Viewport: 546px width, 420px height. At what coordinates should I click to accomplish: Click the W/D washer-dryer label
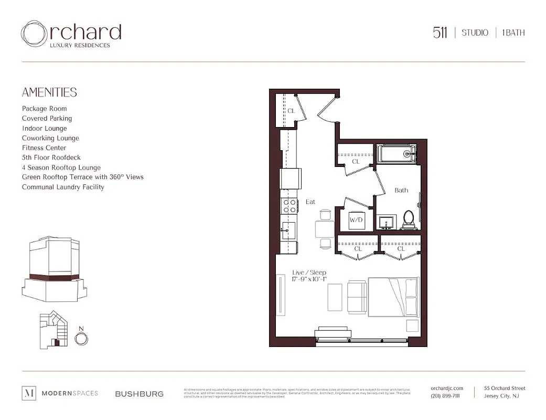click(x=357, y=220)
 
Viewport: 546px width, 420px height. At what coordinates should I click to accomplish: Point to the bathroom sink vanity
click(x=388, y=222)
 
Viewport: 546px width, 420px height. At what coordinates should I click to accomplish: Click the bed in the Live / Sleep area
click(x=393, y=297)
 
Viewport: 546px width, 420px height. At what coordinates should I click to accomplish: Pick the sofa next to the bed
click(x=357, y=297)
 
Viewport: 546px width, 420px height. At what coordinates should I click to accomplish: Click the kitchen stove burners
click(x=290, y=205)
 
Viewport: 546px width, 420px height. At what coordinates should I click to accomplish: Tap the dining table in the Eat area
click(x=325, y=229)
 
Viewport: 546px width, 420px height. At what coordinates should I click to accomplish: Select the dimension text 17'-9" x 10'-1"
click(x=309, y=279)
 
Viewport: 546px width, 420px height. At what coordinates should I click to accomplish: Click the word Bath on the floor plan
click(x=401, y=190)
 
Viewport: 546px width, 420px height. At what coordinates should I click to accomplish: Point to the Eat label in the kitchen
click(x=311, y=202)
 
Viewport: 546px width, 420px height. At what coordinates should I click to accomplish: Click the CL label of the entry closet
click(x=291, y=111)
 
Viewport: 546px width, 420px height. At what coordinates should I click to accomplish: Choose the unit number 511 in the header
click(x=440, y=33)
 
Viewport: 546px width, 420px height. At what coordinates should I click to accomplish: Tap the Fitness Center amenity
click(x=44, y=148)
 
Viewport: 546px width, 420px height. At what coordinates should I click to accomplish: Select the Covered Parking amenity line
click(x=47, y=119)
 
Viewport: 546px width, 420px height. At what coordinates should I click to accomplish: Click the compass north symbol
click(x=81, y=339)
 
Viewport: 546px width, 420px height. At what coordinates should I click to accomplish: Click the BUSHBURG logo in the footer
click(x=139, y=394)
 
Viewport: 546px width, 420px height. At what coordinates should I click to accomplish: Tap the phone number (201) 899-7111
click(x=445, y=396)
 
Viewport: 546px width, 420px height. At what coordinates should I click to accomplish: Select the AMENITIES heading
click(x=49, y=92)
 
